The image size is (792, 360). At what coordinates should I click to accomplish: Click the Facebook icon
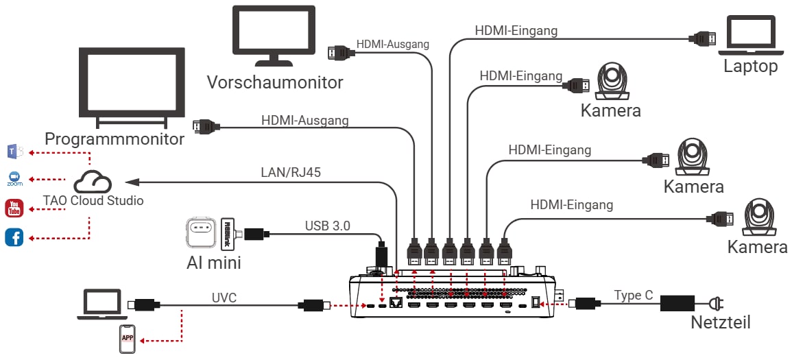[x=14, y=237]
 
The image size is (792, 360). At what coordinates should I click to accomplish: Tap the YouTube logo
[x=14, y=208]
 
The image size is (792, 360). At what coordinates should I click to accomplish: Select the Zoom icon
[x=14, y=179]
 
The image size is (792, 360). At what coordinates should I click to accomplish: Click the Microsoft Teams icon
[x=14, y=151]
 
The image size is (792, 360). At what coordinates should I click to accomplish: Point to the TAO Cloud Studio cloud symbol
[x=92, y=182]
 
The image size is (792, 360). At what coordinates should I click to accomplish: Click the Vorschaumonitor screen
[x=274, y=36]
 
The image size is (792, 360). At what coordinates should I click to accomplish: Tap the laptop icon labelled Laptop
[x=747, y=36]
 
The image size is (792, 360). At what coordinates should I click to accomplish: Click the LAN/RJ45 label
[x=291, y=173]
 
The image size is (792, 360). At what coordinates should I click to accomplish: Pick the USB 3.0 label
[x=327, y=225]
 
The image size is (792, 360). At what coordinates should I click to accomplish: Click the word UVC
[x=224, y=298]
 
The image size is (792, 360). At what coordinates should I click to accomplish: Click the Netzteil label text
[x=720, y=322]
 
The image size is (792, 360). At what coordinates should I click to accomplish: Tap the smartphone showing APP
[x=128, y=339]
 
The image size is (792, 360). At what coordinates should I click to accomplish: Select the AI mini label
[x=214, y=263]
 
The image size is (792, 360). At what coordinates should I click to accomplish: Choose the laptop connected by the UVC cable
[x=99, y=304]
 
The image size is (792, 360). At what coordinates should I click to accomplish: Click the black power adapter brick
[x=677, y=304]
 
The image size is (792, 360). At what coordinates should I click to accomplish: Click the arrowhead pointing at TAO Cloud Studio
[x=132, y=182]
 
